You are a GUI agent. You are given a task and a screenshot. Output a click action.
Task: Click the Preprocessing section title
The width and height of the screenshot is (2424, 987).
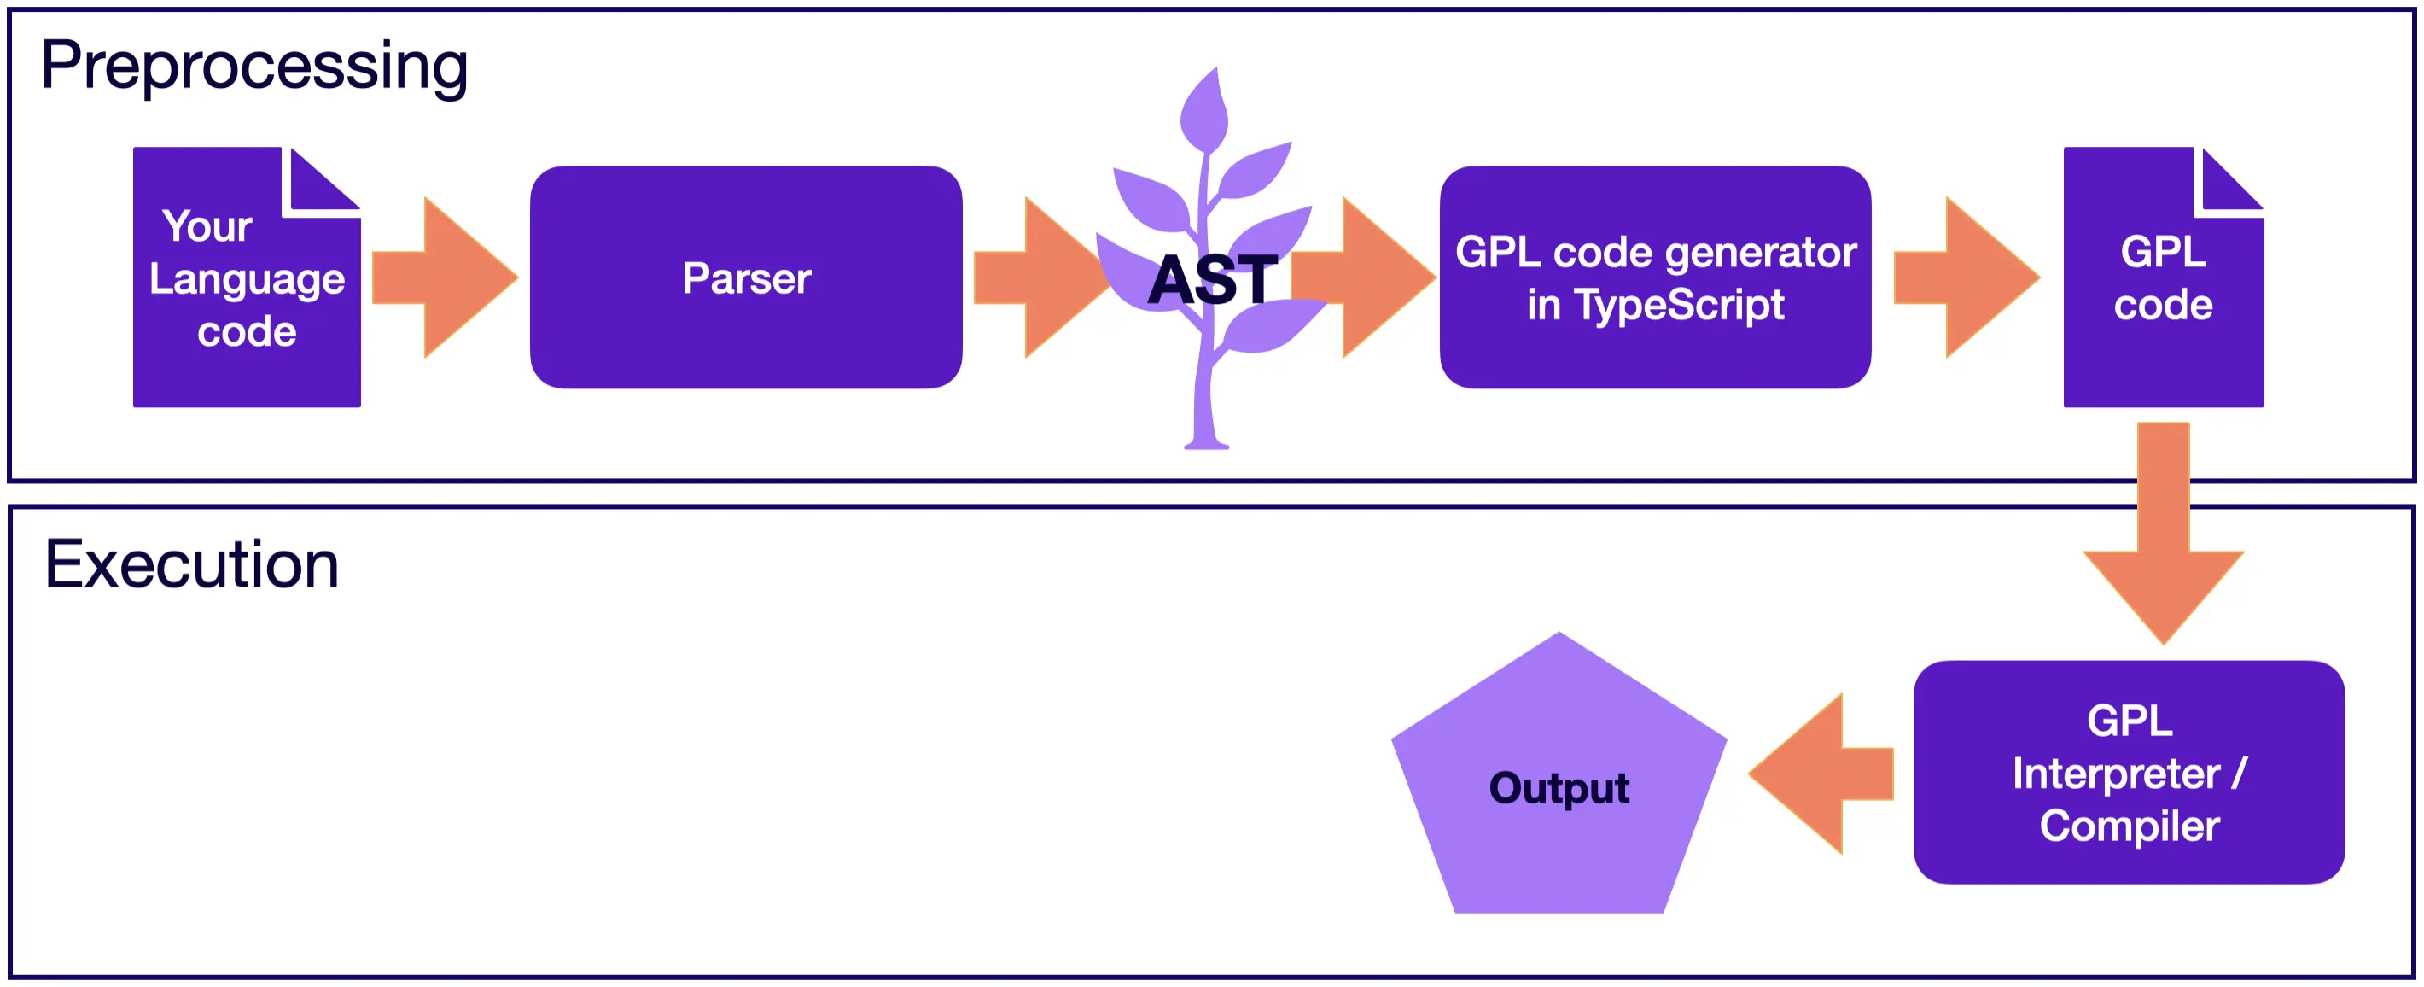point(254,66)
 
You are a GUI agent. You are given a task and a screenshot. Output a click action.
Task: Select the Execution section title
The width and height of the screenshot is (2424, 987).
point(191,564)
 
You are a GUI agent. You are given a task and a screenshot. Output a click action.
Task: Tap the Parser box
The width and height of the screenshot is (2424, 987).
point(746,277)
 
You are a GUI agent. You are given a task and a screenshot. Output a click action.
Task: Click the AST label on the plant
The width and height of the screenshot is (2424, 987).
point(1212,280)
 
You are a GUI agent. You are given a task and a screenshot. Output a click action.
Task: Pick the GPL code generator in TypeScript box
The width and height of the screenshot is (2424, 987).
point(1655,277)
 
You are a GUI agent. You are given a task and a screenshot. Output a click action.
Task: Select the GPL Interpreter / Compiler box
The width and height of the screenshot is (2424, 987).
point(2129,773)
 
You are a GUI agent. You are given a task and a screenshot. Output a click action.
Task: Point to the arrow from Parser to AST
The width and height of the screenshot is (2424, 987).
point(1040,277)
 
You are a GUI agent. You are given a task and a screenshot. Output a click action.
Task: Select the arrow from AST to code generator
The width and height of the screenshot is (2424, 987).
point(1365,277)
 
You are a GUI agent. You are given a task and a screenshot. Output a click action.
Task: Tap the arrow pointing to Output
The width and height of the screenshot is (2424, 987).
point(1821,774)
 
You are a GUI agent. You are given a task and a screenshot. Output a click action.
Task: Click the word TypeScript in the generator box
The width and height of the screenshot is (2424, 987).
point(1680,305)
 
